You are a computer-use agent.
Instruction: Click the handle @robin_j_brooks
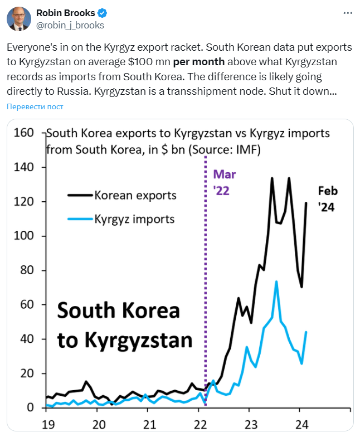point(70,25)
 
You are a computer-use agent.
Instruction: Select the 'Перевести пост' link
point(35,106)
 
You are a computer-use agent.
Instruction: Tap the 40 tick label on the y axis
point(26,339)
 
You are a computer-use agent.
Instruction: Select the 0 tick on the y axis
point(31,407)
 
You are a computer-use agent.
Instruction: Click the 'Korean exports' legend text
point(135,196)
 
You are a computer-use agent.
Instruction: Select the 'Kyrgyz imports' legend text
point(134,219)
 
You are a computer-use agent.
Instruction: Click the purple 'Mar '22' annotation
point(221,182)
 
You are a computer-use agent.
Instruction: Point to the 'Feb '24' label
point(328,198)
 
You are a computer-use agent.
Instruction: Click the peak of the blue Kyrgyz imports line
point(276,281)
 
